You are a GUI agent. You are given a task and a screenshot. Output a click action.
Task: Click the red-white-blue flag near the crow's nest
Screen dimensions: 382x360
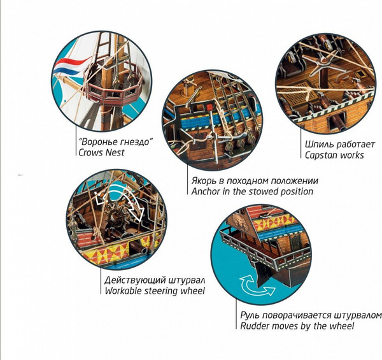[71, 66]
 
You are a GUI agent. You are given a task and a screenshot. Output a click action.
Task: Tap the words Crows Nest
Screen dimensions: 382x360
[101, 152]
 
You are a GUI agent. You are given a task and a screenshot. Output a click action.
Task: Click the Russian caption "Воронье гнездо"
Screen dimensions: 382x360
[117, 142]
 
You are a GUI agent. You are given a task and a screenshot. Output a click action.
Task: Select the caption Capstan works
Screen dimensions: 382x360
[334, 155]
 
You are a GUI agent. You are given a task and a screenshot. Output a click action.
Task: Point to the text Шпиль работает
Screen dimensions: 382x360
[340, 145]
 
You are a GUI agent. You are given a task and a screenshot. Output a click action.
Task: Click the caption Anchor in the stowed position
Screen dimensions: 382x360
[252, 192]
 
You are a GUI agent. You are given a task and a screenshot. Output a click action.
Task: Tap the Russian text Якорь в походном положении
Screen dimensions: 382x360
[255, 181]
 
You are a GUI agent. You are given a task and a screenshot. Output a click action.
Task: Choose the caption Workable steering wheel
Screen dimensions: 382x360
[155, 291]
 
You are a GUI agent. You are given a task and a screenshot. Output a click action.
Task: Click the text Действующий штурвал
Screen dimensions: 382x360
[155, 280]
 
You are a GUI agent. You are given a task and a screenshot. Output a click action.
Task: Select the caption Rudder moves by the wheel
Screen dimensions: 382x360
[297, 326]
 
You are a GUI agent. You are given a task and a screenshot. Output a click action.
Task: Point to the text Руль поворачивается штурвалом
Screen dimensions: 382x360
[311, 315]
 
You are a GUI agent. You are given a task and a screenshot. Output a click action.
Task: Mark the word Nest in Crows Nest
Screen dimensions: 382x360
[115, 152]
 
